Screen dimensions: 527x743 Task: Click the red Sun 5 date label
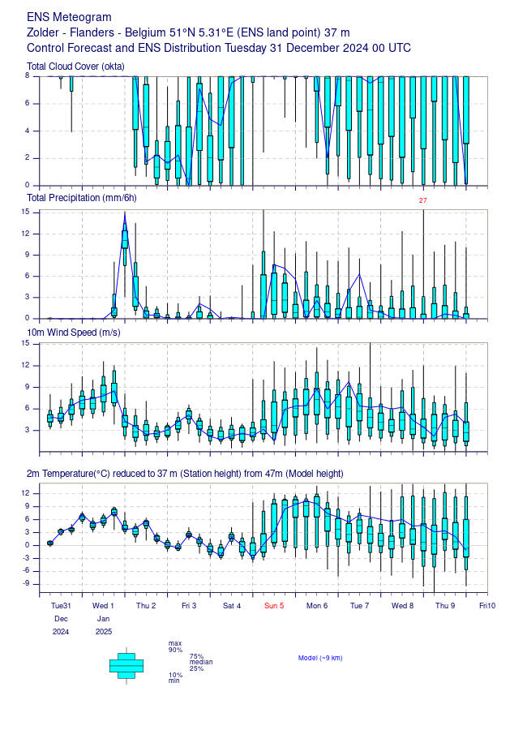click(274, 606)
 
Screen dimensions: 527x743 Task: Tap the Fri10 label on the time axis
click(487, 606)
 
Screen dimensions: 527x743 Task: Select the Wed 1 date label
click(103, 606)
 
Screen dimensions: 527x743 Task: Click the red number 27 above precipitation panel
click(423, 200)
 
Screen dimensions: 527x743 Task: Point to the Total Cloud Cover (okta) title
click(75, 67)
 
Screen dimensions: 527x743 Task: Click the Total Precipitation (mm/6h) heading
click(81, 198)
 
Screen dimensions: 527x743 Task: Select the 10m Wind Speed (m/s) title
click(74, 333)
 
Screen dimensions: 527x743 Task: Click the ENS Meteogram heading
click(69, 17)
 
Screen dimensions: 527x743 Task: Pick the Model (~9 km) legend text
click(320, 658)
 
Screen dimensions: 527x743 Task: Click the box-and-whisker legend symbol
click(126, 666)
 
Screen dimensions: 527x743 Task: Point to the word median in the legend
click(201, 662)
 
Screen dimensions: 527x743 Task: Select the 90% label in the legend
click(176, 651)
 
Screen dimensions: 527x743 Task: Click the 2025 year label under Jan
click(104, 632)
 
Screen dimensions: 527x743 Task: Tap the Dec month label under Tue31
click(61, 619)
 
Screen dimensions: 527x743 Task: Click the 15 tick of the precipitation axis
click(25, 213)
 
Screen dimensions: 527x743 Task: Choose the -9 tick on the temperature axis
click(26, 584)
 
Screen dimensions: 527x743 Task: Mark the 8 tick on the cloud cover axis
click(28, 75)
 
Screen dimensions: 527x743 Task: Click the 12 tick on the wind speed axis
click(25, 365)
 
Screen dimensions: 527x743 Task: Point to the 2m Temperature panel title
click(185, 474)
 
